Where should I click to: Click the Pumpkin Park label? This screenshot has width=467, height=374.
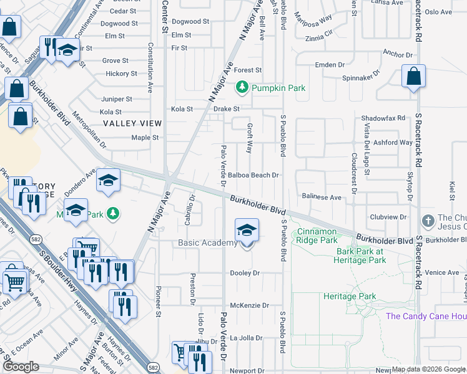point(278,88)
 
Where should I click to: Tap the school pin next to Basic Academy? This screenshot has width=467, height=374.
point(247,231)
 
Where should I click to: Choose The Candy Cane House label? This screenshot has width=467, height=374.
point(426,316)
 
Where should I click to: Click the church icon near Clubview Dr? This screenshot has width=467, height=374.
point(428,221)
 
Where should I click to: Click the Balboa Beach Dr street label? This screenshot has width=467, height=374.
point(253,175)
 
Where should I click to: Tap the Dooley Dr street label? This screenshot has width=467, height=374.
point(244,273)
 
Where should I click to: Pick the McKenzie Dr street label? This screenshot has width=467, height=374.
point(249,305)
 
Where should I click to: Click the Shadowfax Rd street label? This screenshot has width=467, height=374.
point(383,118)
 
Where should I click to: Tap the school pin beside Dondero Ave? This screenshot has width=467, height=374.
point(108,181)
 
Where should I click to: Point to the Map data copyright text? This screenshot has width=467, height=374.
point(428,369)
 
